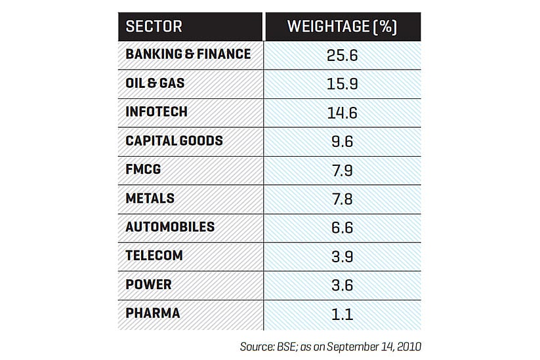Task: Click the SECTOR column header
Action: (154, 27)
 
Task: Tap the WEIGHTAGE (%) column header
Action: (342, 27)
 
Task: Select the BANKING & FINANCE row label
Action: (188, 54)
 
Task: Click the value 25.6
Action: (342, 55)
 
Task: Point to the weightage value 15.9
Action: (342, 84)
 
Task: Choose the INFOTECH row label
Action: (156, 112)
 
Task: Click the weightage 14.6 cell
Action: (342, 113)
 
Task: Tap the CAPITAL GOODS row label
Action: (174, 141)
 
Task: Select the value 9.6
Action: (342, 142)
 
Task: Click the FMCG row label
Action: (143, 170)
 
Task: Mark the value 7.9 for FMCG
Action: (342, 170)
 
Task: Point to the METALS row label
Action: (150, 198)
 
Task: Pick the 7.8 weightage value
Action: (342, 199)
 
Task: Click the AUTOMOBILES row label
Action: (170, 227)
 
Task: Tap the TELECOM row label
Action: (154, 256)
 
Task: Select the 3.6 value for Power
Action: (342, 285)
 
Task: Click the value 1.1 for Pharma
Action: (342, 314)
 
